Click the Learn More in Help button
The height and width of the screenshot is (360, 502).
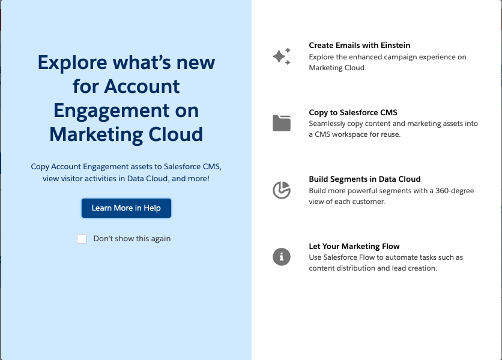(x=126, y=208)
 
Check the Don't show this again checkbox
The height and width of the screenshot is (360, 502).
(x=82, y=239)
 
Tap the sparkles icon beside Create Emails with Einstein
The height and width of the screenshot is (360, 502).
(x=282, y=56)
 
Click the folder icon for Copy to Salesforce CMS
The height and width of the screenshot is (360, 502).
(x=282, y=123)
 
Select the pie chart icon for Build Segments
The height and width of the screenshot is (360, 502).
(x=282, y=190)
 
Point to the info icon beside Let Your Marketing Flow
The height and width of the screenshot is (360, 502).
(x=282, y=257)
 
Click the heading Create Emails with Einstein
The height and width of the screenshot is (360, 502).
(x=360, y=46)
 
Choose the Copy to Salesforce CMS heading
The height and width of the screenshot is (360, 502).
(x=353, y=113)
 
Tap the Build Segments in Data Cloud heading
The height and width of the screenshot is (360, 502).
(x=364, y=179)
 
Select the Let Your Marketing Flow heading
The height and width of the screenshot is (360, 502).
(x=354, y=247)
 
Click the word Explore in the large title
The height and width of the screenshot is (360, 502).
(x=72, y=63)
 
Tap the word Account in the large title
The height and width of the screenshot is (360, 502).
(x=142, y=86)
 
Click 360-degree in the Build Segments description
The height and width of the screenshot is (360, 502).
(x=455, y=191)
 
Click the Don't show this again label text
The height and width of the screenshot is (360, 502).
(x=132, y=239)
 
